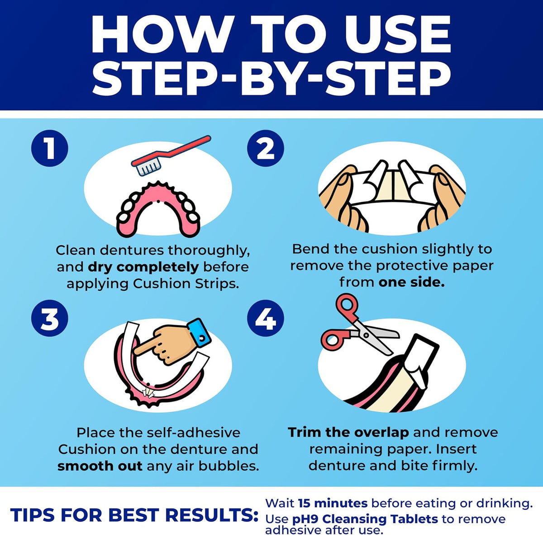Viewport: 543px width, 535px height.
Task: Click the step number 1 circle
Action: [x=50, y=148]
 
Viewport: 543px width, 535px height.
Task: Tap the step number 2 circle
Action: [x=266, y=148]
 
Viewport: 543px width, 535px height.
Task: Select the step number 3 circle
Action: [x=50, y=318]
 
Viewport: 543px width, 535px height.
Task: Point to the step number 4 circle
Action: [x=266, y=318]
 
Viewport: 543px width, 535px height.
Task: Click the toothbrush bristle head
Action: [x=148, y=167]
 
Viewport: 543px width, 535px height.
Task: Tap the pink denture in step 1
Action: [x=158, y=208]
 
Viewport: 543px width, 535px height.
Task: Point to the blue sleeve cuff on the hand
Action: [x=200, y=333]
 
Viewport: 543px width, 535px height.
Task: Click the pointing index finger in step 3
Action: [x=147, y=346]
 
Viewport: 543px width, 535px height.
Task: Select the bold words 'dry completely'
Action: [x=143, y=267]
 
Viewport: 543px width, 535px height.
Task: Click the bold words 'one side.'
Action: [x=412, y=283]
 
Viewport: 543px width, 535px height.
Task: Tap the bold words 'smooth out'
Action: [x=100, y=466]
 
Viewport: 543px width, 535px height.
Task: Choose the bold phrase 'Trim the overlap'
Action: [x=348, y=432]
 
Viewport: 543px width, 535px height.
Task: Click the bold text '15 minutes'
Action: [x=333, y=503]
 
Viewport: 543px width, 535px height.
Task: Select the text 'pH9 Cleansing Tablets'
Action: [x=361, y=519]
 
